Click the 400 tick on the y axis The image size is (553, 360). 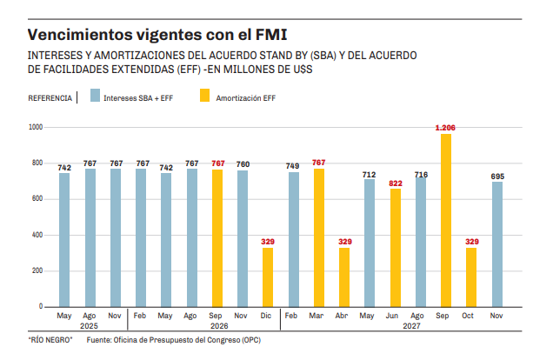coord(36,236)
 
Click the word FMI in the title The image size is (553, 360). coord(269,35)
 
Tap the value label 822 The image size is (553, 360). coord(396,183)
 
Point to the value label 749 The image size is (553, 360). coord(293,166)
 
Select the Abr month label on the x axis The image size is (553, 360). coord(344,316)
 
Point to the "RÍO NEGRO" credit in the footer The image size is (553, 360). coord(49,340)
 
